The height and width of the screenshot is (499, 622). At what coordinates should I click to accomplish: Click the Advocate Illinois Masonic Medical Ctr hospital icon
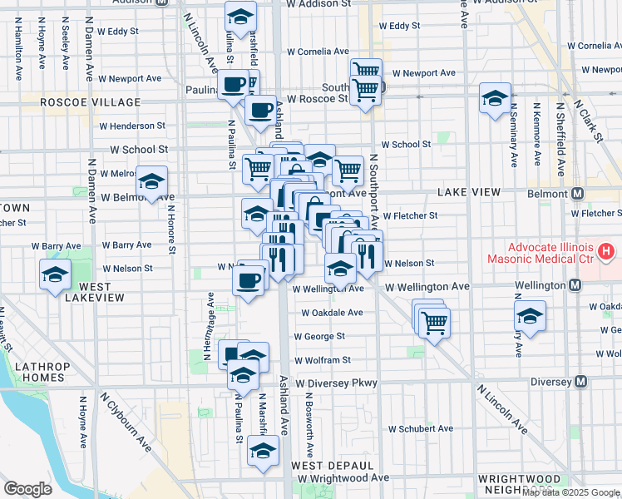[606, 250]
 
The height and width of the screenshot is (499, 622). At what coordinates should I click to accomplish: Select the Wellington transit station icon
[574, 285]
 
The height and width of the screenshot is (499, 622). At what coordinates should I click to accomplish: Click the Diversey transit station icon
[581, 383]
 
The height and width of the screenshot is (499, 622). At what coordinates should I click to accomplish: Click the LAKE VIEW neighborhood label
[469, 192]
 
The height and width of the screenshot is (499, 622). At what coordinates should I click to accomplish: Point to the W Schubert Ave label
[420, 428]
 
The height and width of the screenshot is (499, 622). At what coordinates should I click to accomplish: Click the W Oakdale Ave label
[332, 313]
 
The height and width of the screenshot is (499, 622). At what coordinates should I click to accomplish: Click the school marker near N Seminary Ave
[529, 316]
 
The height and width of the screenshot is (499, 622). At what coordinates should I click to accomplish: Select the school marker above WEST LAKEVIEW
[56, 274]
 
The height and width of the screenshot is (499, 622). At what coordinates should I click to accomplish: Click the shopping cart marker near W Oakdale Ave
[434, 321]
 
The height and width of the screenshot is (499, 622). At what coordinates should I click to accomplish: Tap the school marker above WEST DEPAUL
[264, 452]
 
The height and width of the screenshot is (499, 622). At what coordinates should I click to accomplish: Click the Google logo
[27, 489]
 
